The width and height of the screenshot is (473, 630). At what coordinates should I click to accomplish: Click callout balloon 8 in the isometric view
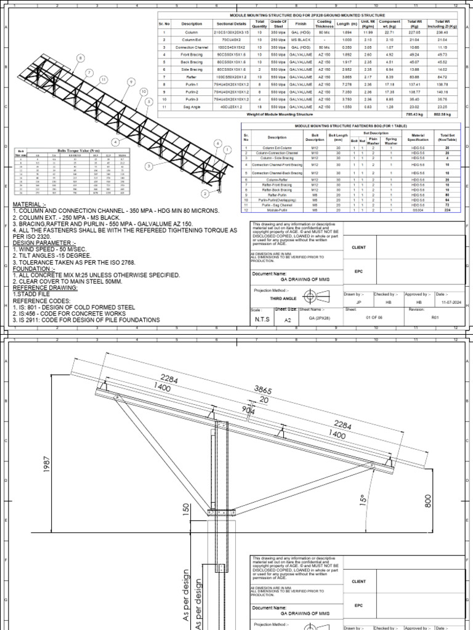coord(79,58)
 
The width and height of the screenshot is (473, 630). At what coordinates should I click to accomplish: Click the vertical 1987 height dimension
coord(46,469)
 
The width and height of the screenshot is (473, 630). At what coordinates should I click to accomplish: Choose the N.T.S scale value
coord(261,320)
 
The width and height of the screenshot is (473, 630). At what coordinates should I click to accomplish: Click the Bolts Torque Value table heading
coord(73,150)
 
